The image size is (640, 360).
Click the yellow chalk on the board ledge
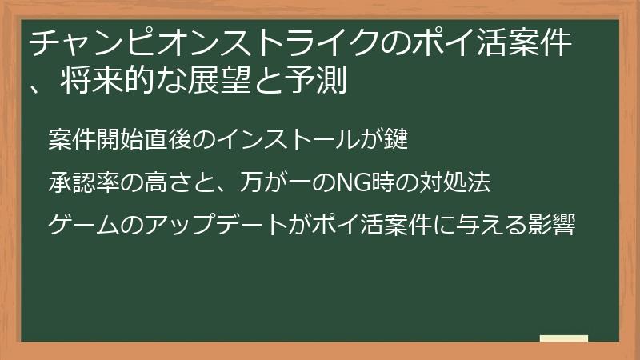[563, 339]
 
